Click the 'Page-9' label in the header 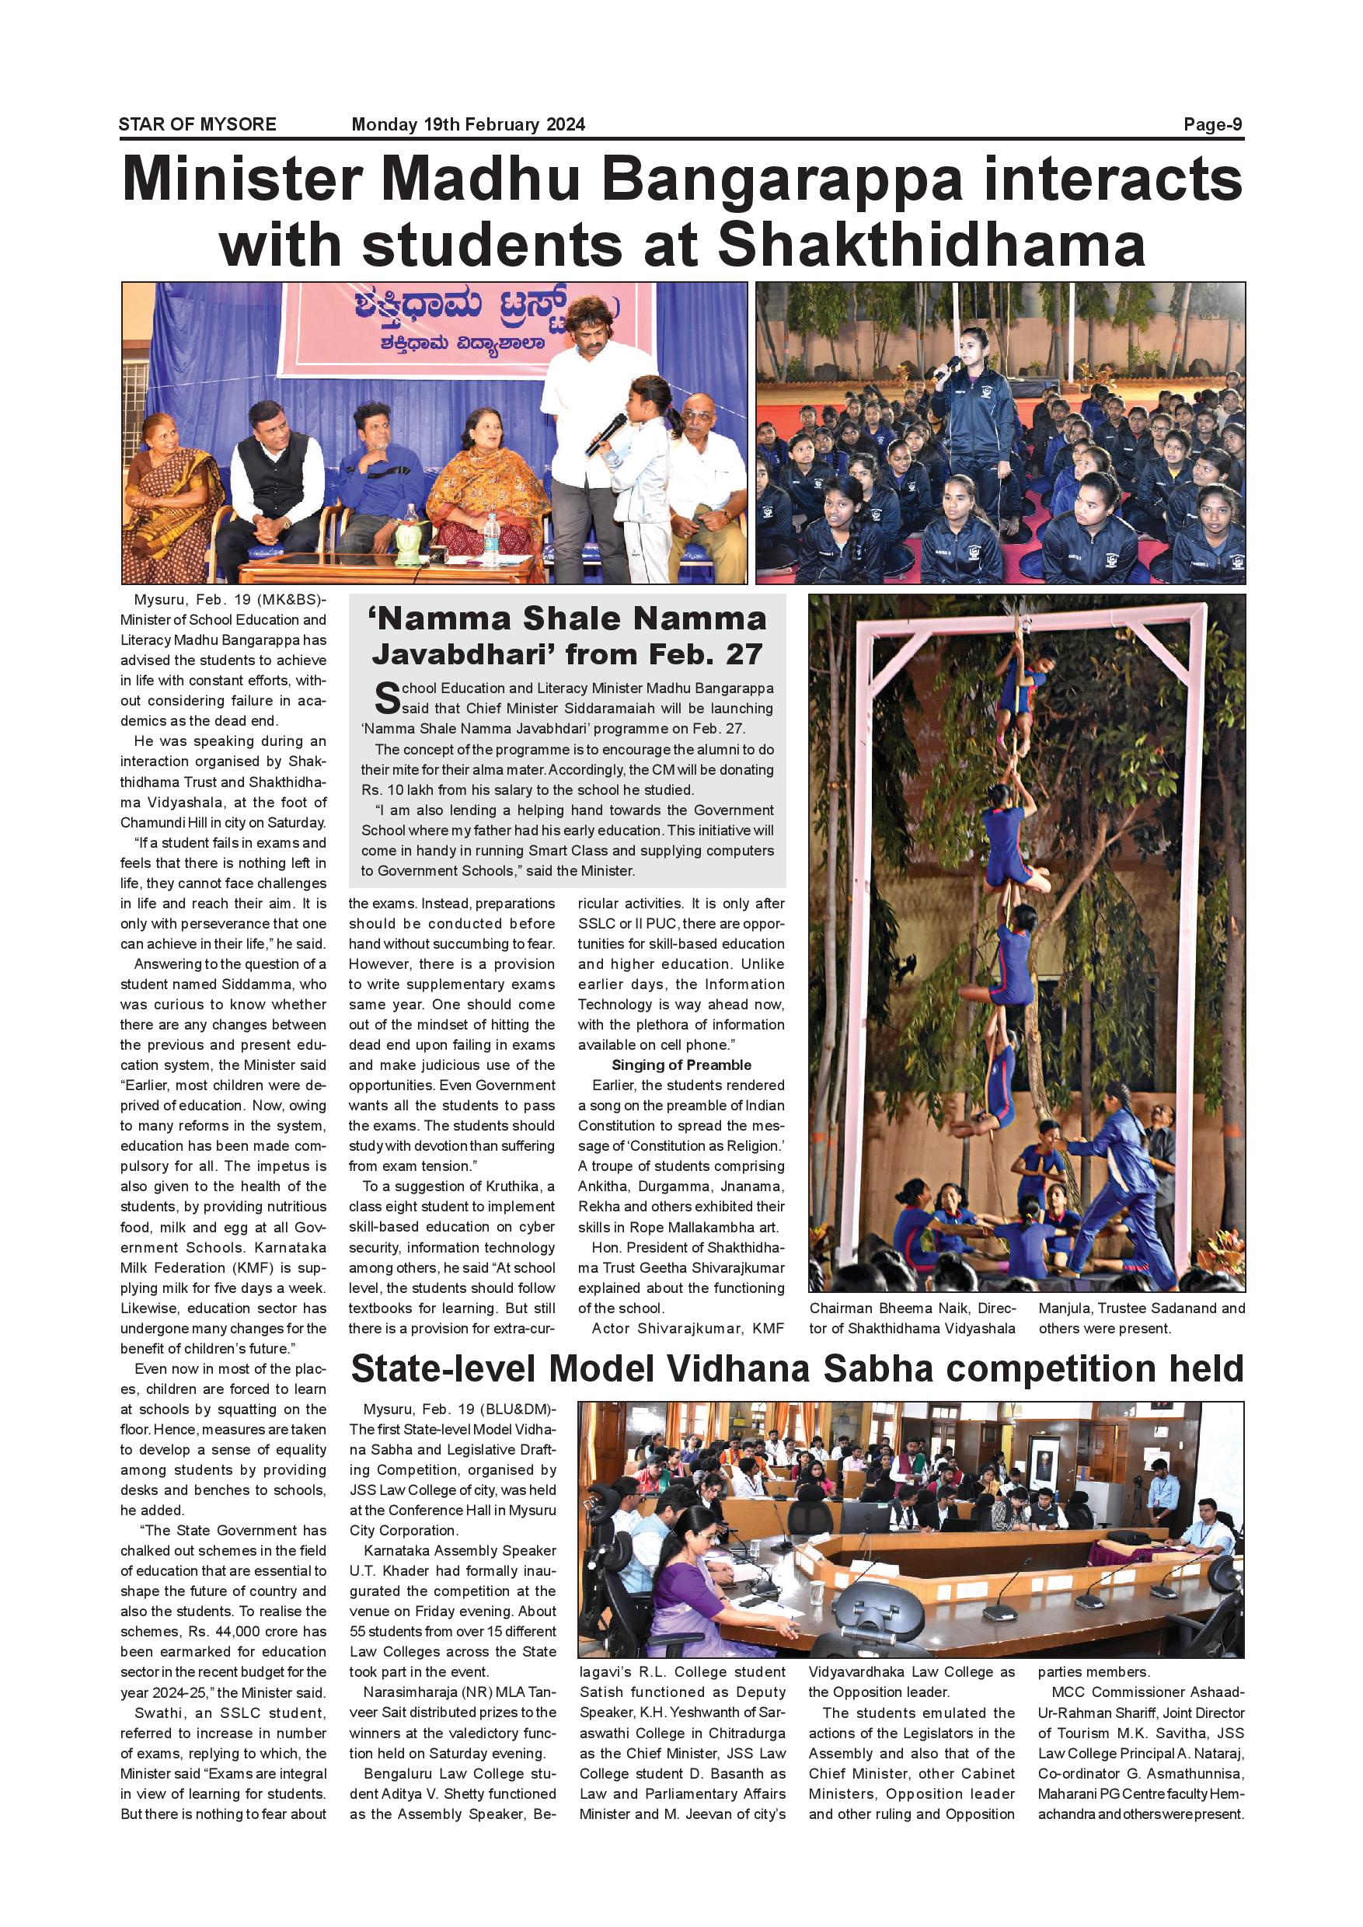click(x=1213, y=125)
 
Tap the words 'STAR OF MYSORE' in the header click(x=197, y=125)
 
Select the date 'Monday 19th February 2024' click(x=469, y=125)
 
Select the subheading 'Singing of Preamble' click(x=681, y=1065)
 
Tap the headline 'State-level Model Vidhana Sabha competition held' click(x=797, y=1369)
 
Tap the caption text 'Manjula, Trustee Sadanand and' click(x=1142, y=1308)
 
